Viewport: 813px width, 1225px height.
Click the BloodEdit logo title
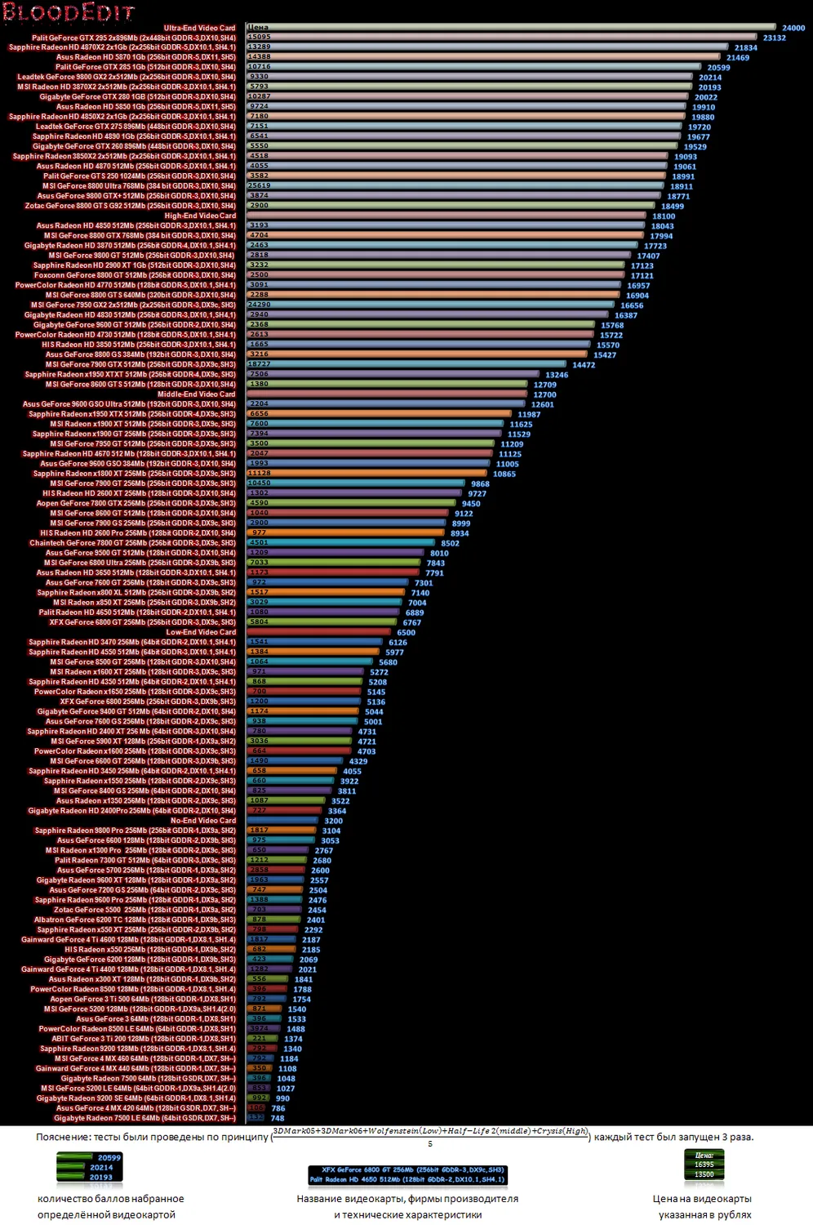tap(67, 12)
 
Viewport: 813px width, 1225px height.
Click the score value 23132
tap(774, 38)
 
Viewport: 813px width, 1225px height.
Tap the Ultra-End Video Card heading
tap(199, 28)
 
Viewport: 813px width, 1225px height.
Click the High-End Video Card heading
tap(200, 216)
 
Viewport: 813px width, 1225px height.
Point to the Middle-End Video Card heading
tap(196, 394)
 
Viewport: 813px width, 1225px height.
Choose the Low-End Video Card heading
tap(201, 632)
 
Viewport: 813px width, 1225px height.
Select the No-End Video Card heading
tap(203, 821)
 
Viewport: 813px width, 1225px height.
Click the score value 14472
tap(584, 365)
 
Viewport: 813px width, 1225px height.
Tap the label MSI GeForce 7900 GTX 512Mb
tap(140, 364)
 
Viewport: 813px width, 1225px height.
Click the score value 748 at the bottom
tap(278, 1118)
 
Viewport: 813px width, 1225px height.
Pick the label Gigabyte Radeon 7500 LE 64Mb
tap(144, 1118)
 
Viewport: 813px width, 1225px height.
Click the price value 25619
tap(259, 185)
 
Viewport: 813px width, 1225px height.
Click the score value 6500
tap(406, 632)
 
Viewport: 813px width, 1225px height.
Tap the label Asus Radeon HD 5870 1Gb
tap(145, 57)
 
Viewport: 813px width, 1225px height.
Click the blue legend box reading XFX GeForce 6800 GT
tap(408, 1174)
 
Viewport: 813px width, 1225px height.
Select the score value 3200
tap(333, 821)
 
